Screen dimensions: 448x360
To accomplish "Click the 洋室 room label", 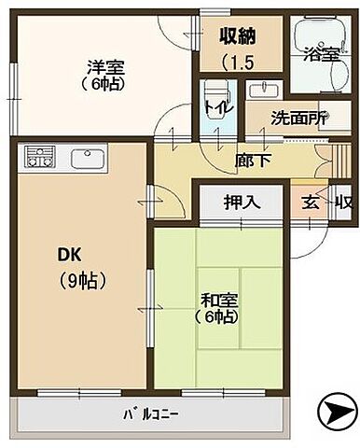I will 101,66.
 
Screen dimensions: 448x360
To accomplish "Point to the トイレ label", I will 212,105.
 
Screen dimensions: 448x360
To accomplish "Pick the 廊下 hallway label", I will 247,159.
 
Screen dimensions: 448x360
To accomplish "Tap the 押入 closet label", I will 240,201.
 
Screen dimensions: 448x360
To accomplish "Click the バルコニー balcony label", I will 150,413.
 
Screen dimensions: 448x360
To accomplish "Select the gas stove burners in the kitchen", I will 39,156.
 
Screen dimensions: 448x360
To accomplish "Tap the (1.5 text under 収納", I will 240,63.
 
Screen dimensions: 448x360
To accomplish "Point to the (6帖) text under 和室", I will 216,317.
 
